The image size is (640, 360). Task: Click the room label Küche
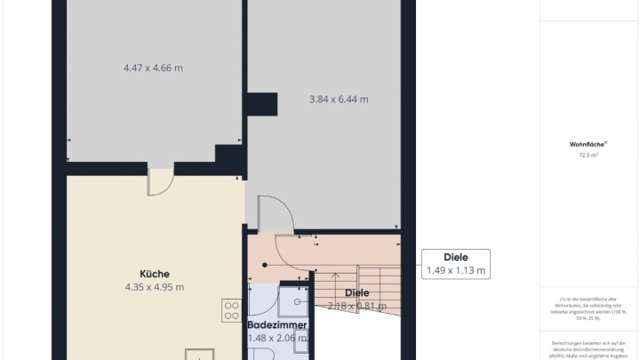[x=154, y=274]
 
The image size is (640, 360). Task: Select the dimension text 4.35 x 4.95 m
[x=154, y=287]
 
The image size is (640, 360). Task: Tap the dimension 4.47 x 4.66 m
[x=153, y=67]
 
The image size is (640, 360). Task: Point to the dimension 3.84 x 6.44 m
[x=338, y=99]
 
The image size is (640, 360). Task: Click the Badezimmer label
[x=277, y=325]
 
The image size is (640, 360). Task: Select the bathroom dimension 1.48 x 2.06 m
[x=277, y=339]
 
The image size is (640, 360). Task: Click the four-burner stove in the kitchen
[x=232, y=310]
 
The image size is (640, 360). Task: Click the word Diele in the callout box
[x=456, y=256]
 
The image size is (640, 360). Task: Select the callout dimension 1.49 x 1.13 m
[x=456, y=269]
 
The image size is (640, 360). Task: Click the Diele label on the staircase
[x=356, y=292]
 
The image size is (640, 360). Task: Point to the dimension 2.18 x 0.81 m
[x=356, y=306]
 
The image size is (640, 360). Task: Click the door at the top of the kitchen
[x=160, y=181]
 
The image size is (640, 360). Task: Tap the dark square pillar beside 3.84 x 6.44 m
[x=262, y=104]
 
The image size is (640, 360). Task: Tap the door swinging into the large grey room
[x=275, y=214]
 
